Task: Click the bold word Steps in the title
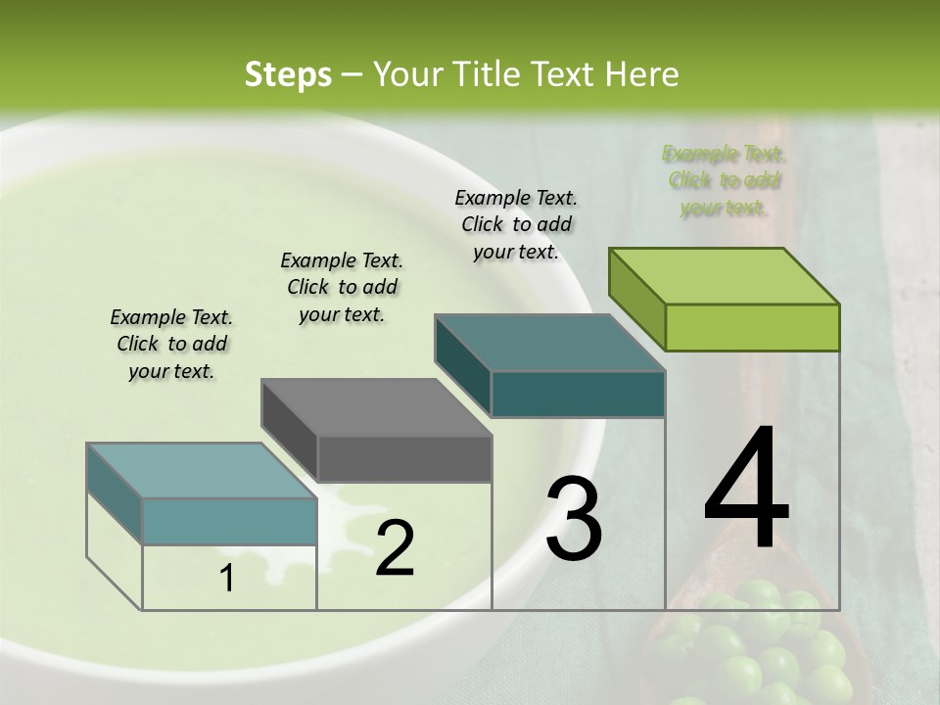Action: coord(288,74)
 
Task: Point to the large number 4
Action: coord(746,489)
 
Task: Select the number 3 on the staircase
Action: coord(574,520)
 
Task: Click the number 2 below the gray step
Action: coord(395,548)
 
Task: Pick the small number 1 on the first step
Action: coord(227,580)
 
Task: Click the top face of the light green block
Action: coord(725,275)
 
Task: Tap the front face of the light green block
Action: coord(752,327)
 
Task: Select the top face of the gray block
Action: coord(376,407)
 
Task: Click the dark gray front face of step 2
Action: coord(404,459)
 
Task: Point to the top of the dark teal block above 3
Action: coord(550,343)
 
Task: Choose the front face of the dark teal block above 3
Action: coord(578,394)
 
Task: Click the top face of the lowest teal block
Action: coord(202,470)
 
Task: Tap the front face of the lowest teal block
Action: coord(229,521)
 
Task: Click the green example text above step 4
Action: coord(724,180)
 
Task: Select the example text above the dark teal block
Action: coord(516,224)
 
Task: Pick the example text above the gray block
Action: coord(342,287)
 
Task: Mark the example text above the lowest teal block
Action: coord(171,344)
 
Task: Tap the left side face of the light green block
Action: coord(636,298)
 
